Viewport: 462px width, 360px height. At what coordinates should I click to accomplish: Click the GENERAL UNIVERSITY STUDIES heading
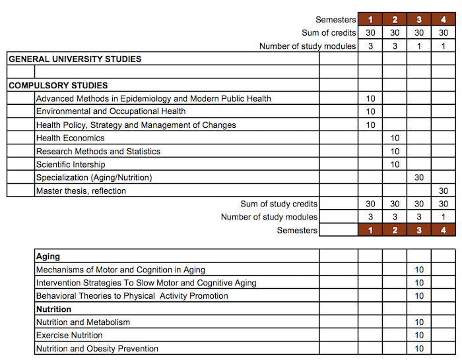coord(75,59)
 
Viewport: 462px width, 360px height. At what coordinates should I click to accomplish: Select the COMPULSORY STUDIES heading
coord(58,86)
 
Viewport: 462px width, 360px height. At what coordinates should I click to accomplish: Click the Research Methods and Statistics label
coord(98,152)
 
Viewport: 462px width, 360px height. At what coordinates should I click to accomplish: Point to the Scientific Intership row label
coord(71,165)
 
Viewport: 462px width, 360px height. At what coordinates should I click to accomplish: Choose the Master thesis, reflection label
coord(81,191)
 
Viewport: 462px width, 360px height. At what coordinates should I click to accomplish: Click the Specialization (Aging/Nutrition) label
coord(94,178)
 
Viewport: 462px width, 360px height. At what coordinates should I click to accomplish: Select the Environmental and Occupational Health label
coord(111,112)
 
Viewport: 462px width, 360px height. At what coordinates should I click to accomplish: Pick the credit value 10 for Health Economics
coord(395,138)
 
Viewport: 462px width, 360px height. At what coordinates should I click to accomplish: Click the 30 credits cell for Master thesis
coord(444,191)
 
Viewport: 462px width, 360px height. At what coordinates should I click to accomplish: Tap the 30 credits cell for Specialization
coord(419,178)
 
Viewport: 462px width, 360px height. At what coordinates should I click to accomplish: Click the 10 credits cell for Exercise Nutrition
coord(419,336)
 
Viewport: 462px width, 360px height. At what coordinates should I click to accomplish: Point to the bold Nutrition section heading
coord(53,309)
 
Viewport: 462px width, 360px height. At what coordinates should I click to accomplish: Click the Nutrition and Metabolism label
coord(82,322)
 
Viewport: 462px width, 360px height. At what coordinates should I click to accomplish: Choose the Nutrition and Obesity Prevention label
coord(97,349)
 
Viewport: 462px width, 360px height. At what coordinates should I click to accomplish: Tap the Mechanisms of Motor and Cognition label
coord(120,270)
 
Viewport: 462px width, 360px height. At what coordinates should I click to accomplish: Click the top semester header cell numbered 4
coord(444,20)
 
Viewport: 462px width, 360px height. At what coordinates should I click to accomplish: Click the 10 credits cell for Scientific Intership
coord(395,165)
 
